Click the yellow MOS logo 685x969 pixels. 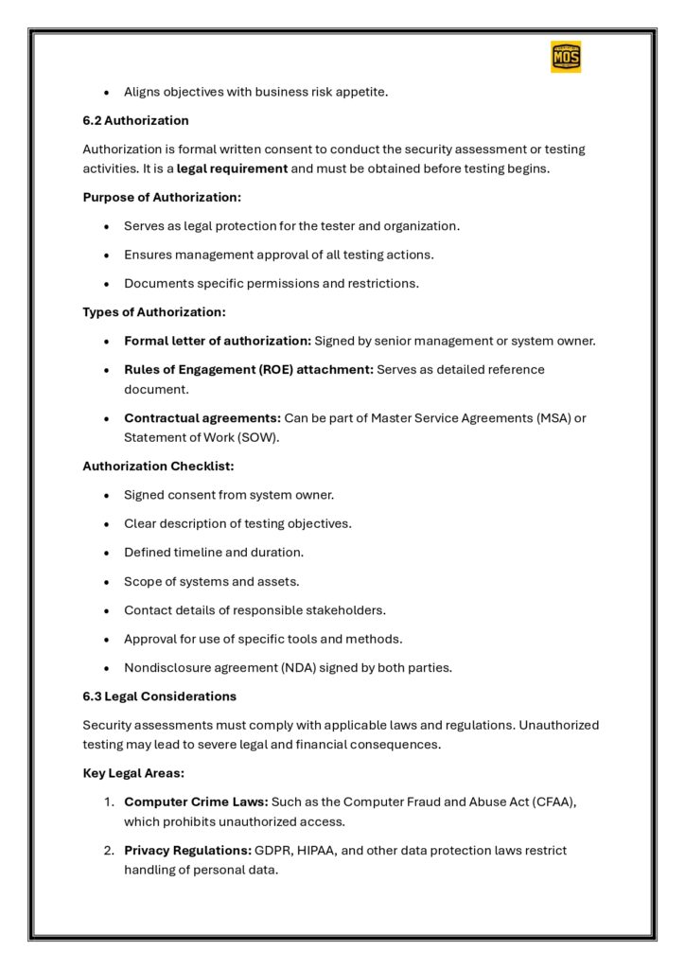[x=566, y=57]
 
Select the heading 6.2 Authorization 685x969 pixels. [x=135, y=120]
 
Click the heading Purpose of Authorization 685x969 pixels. [x=162, y=197]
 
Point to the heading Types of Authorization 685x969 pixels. [x=154, y=311]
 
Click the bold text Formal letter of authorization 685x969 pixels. [x=217, y=341]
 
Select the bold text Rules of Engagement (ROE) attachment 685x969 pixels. [x=248, y=369]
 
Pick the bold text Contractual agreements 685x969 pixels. [x=202, y=417]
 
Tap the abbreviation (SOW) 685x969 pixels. [x=267, y=437]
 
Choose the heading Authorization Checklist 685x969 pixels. [x=158, y=466]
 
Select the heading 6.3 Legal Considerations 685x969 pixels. [x=159, y=696]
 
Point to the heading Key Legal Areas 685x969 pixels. [x=133, y=772]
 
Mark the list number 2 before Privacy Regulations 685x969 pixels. [x=109, y=850]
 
